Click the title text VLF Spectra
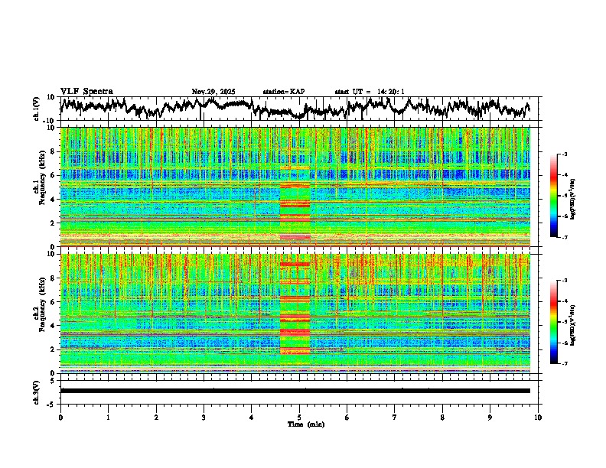(86, 91)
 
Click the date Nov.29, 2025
(214, 92)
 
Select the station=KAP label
(283, 92)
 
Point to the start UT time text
(369, 92)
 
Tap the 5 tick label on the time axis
(299, 417)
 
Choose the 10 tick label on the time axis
(538, 417)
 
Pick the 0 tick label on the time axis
(60, 417)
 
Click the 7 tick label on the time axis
(395, 417)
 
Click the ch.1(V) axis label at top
(36, 109)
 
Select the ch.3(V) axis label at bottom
(36, 391)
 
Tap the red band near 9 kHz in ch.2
(295, 264)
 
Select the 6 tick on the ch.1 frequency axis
(55, 175)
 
